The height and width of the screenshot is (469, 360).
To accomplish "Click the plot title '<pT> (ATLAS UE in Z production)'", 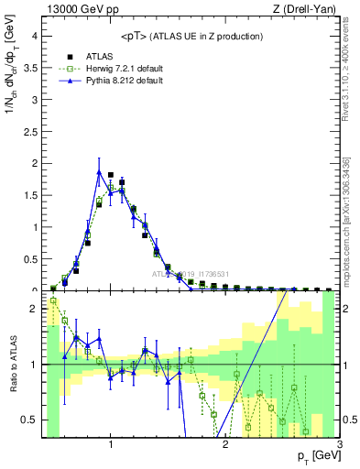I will pyautogui.click(x=191, y=36).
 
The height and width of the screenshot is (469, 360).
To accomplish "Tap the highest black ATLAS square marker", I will pyautogui.click(x=111, y=174).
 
